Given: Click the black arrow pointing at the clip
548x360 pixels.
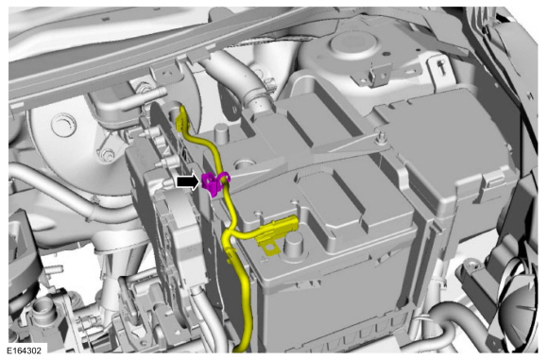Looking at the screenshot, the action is [x=188, y=182].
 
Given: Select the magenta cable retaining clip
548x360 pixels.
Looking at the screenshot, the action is [x=214, y=183].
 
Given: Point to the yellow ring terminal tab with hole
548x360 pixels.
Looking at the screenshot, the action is [x=271, y=249].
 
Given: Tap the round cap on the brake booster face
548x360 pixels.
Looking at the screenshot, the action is [x=63, y=124].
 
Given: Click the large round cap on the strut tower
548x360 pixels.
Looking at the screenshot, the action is [x=353, y=43].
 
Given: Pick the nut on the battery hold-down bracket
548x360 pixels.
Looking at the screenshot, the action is [x=381, y=137].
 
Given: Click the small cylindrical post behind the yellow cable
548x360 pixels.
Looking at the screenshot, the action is [x=222, y=133].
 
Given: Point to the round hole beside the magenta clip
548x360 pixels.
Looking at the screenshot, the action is [x=245, y=163].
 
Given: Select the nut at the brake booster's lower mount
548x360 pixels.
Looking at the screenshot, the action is [x=106, y=154].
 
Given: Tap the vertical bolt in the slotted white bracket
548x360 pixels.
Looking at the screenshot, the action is [x=442, y=66].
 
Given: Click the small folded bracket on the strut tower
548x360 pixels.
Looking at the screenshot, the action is [x=378, y=74].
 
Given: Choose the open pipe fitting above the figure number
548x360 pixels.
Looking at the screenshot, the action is [x=42, y=310].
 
